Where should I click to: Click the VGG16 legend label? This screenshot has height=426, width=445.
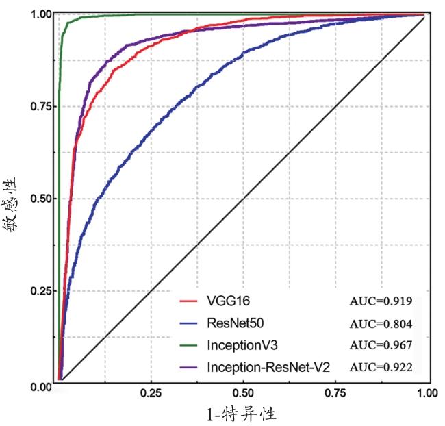click(x=222, y=301)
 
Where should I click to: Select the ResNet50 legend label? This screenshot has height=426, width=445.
click(x=231, y=323)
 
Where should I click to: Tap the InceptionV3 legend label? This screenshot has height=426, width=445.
click(x=238, y=344)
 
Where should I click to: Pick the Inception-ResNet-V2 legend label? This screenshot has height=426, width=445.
click(x=268, y=367)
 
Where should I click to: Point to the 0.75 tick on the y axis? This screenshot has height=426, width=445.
click(x=41, y=106)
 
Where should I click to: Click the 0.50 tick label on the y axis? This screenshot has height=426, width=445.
click(x=41, y=199)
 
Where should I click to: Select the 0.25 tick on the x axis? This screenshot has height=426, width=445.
click(x=151, y=394)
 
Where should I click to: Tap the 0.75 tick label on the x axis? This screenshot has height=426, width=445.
click(x=335, y=394)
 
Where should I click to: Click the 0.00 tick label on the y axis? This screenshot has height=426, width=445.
click(x=41, y=386)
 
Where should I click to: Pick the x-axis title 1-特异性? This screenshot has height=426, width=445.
click(x=242, y=414)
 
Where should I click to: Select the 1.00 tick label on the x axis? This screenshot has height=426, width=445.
click(x=426, y=394)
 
